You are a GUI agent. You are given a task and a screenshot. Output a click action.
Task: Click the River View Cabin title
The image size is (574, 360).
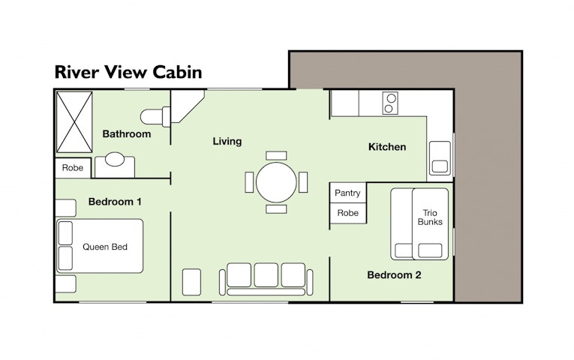point(128,72)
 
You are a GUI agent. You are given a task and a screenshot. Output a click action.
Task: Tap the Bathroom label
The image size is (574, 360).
point(127,134)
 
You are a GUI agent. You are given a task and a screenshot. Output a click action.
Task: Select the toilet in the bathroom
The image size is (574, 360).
point(155,117)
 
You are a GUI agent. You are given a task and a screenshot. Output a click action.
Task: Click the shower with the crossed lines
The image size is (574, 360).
point(74,121)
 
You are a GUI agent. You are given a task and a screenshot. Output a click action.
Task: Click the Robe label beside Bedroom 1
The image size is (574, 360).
point(73,168)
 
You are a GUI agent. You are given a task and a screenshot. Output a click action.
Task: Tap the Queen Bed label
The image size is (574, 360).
point(105,247)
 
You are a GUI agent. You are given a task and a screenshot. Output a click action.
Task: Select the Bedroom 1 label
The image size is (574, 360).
point(115,202)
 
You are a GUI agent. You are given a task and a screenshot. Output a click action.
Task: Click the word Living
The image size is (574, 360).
point(227,142)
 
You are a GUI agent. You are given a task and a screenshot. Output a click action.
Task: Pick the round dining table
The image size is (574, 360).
point(276,182)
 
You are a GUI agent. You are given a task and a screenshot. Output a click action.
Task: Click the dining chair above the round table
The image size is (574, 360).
point(276,155)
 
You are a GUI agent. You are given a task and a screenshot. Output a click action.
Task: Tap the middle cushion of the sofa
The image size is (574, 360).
point(266,274)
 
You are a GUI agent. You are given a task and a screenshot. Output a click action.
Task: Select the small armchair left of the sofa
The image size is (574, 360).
point(191,282)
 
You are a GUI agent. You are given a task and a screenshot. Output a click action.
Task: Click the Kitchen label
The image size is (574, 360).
point(387,147)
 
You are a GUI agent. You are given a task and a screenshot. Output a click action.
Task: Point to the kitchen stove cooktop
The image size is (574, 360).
point(390,103)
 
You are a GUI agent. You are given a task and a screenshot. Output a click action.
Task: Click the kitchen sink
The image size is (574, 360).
point(440,158)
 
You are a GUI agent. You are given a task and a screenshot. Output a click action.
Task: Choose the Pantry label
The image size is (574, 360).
point(347,193)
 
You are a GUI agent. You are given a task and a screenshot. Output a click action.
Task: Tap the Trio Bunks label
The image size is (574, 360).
point(430,217)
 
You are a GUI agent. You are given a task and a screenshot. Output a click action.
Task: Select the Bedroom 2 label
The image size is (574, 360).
point(394,274)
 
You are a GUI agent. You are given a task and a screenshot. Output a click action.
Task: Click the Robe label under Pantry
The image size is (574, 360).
point(347,213)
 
